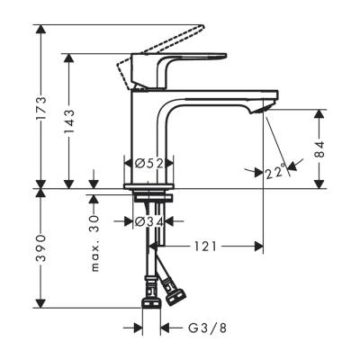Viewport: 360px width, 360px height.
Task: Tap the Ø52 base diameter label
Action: (x=148, y=163)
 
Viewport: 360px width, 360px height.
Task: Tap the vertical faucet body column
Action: (x=146, y=135)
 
